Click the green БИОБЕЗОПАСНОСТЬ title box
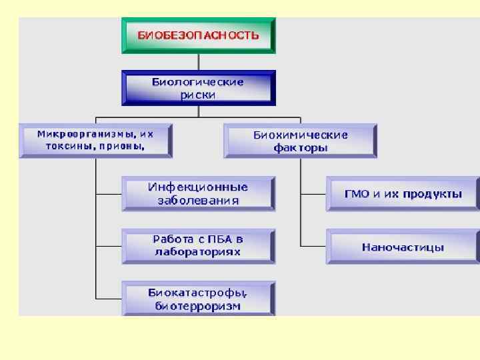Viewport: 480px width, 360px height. (x=198, y=35)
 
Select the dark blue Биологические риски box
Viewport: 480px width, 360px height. (x=198, y=89)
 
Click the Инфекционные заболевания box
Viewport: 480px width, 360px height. (x=198, y=193)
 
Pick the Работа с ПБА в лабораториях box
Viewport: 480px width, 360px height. (x=198, y=245)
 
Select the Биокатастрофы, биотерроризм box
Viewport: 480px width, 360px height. (x=198, y=298)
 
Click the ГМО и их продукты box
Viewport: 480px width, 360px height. (x=403, y=193)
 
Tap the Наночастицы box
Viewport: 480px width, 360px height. (x=403, y=247)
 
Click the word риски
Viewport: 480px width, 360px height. (x=198, y=95)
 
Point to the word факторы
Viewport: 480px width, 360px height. (x=301, y=148)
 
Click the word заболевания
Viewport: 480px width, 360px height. (x=198, y=200)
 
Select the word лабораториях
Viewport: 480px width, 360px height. (x=198, y=252)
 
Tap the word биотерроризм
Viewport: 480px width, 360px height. (x=198, y=306)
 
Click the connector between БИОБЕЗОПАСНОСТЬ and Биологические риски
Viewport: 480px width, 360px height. (x=198, y=63)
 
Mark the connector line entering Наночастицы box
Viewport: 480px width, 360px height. (x=313, y=246)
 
